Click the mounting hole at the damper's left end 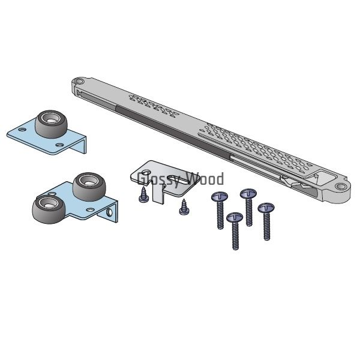[x=79, y=81]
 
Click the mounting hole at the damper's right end [x=341, y=187]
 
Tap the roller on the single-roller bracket [x=52, y=124]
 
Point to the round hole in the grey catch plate [x=146, y=172]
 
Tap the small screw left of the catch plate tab [x=144, y=194]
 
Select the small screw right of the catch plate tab [x=184, y=208]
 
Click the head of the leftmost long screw [x=219, y=197]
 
